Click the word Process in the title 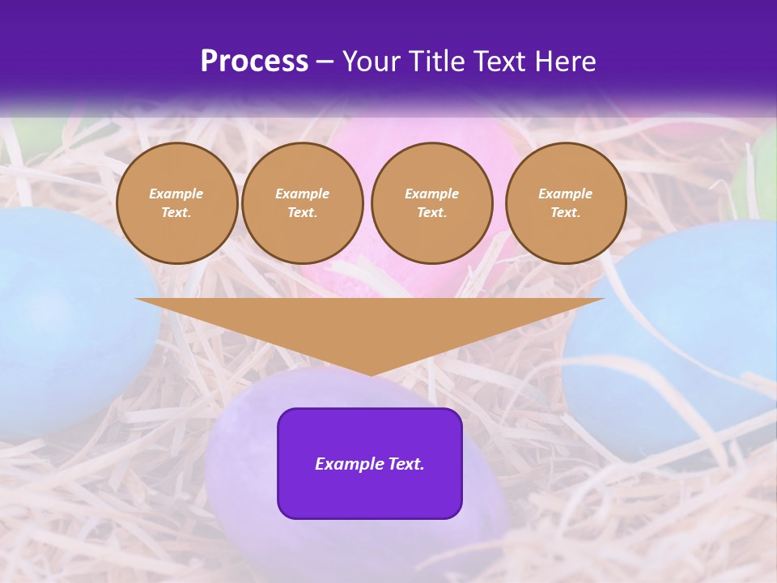[x=254, y=62]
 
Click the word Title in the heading [x=436, y=62]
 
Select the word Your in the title [x=372, y=62]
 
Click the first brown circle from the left [x=176, y=203]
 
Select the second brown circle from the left [x=302, y=203]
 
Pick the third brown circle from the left [x=431, y=203]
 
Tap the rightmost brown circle [x=565, y=203]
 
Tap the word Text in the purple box [x=405, y=464]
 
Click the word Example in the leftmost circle [x=176, y=194]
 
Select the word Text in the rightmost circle [x=565, y=213]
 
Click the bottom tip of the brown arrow [x=370, y=373]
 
